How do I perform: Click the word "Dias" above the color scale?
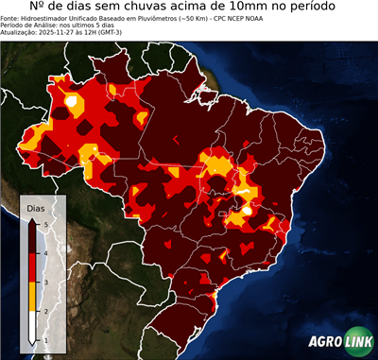35,207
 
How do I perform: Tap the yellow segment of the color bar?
32,296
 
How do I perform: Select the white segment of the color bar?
32,325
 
